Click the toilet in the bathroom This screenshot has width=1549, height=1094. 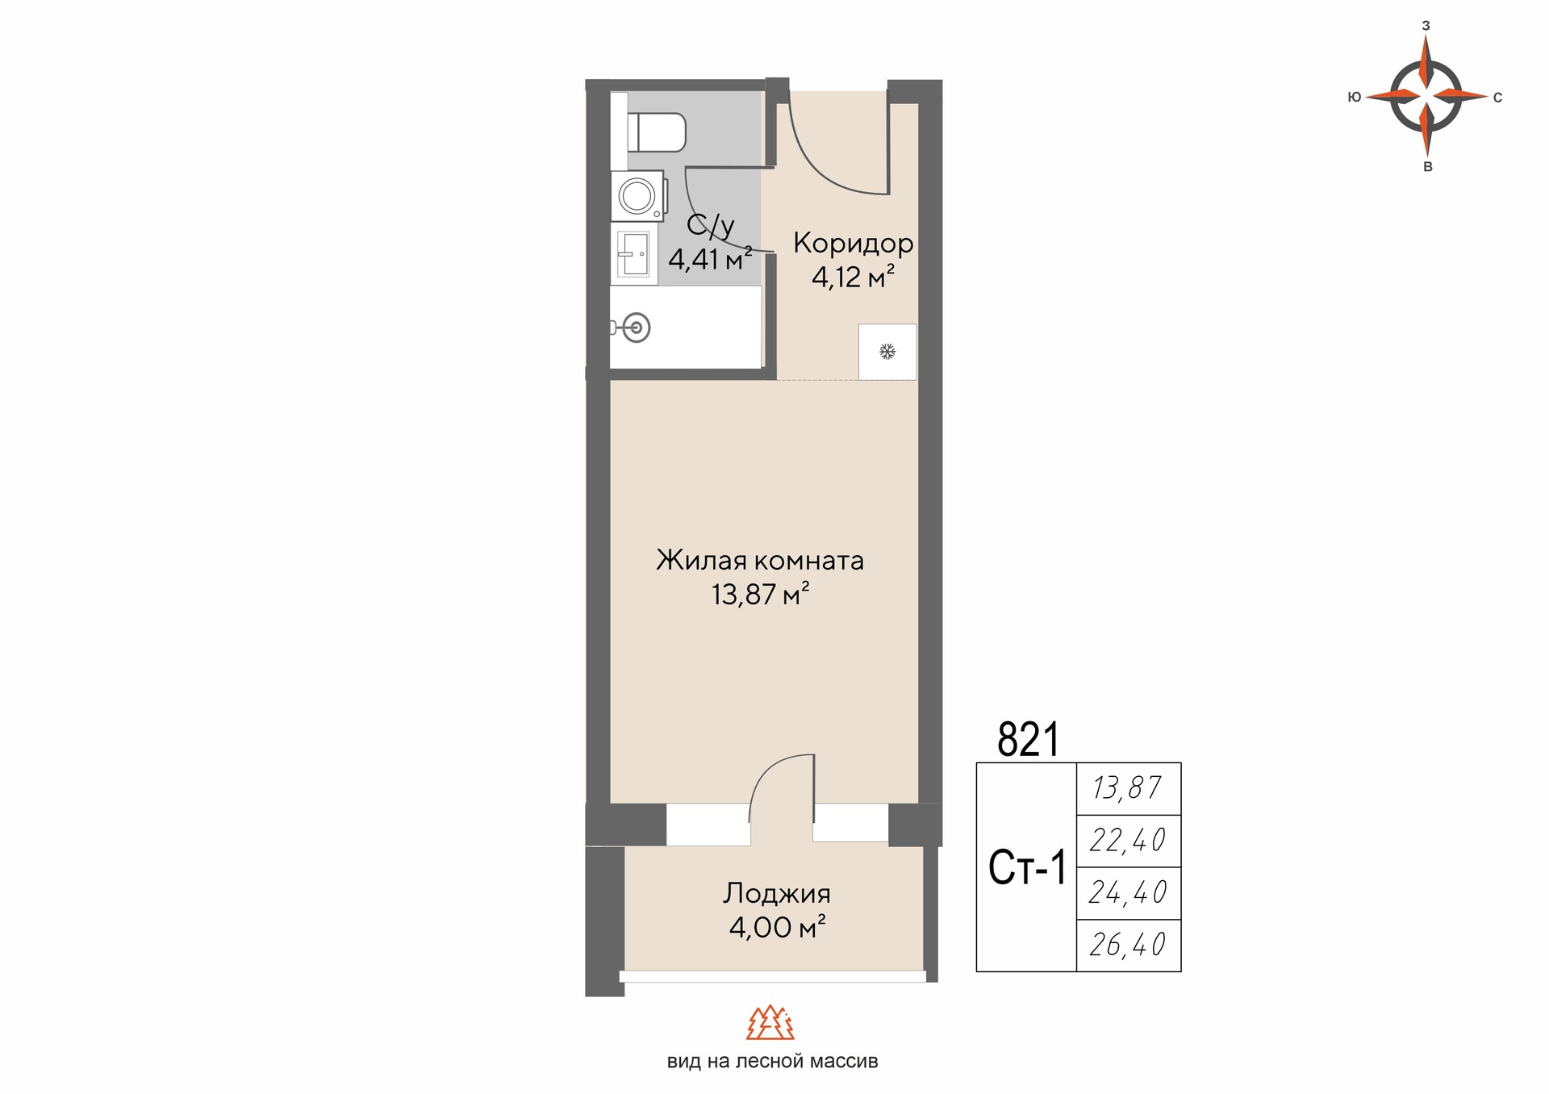coord(657,132)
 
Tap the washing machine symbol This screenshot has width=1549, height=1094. coord(637,195)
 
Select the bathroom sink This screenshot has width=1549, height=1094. coord(633,253)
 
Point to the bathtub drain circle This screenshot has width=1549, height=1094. coord(637,328)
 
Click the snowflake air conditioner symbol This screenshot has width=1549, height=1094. coord(887,352)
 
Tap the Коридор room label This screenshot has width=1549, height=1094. coord(853,243)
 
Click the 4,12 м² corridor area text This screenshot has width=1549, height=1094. coord(853,278)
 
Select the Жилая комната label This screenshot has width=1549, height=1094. coord(760,560)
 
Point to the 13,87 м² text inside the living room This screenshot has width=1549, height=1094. coord(760,595)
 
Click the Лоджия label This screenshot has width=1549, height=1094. coord(777,893)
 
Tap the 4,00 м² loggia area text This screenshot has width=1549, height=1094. coord(777,927)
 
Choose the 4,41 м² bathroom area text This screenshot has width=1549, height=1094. coord(710,260)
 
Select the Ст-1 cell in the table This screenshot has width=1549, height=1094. coord(1027,868)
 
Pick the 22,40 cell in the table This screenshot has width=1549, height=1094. coord(1129,841)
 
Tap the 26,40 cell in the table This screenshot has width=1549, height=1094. coord(1129,945)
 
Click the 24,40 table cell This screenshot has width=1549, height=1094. coord(1129,893)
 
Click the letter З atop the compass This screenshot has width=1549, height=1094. coord(1426,26)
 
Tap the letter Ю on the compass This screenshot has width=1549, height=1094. coord(1355,97)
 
